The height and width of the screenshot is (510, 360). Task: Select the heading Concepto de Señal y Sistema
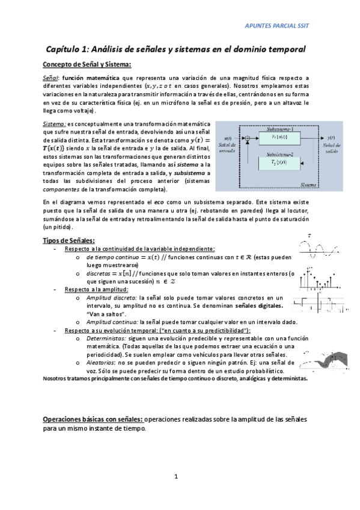click(x=87, y=64)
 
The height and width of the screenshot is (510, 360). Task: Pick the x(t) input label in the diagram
click(x=228, y=138)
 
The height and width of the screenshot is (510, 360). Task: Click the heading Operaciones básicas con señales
click(x=93, y=419)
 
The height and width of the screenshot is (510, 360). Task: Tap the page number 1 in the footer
click(x=176, y=476)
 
